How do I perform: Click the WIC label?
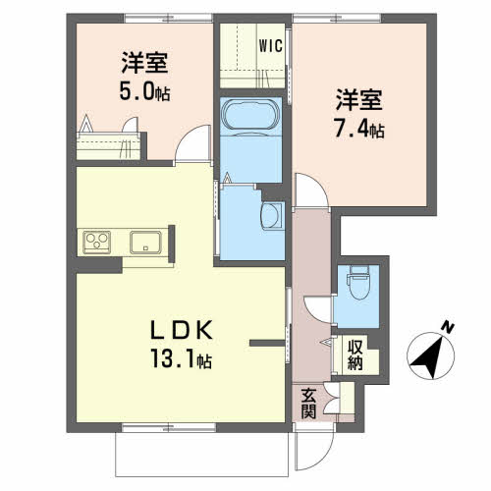pos(270,46)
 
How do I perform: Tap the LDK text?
pos(182,330)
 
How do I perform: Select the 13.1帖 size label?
pos(181,358)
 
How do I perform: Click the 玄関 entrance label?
pos(308,404)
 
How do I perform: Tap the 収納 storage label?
pos(355,355)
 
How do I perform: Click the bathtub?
pos(251,115)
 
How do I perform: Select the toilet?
pos(358,282)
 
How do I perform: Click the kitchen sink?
pos(145,243)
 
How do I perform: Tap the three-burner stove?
pos(96,243)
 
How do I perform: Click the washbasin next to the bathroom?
pos(273,215)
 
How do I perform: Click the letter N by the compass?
pos(447,328)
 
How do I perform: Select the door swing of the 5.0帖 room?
pos(193,144)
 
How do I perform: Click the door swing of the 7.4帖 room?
pos(311,191)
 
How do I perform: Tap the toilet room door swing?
pos(317,309)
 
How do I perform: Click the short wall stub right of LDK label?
pos(267,343)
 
